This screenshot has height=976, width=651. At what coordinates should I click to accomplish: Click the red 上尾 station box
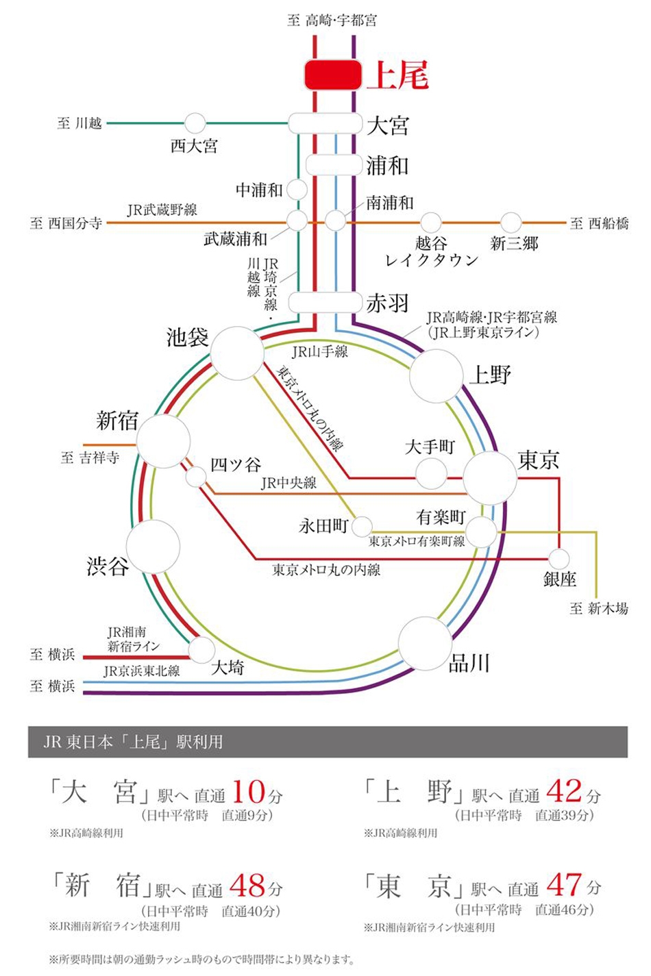pos(333,74)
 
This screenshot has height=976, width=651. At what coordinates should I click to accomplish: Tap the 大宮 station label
pos(388,125)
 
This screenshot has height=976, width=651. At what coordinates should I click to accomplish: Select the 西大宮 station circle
pos(195,124)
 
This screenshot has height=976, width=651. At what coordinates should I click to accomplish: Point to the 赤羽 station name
pos(388,303)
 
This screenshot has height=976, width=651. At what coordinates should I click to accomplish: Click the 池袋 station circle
pos(236,353)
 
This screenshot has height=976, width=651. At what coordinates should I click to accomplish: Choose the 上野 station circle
pos(436,376)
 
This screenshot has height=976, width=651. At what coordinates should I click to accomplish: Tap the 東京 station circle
pos(489,477)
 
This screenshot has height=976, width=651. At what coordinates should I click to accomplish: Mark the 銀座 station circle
pos(560,559)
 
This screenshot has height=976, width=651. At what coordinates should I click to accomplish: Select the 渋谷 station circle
pos(153,547)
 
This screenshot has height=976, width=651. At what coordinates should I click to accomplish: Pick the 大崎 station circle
pos(201,649)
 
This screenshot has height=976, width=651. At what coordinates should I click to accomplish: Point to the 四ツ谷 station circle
pos(197,476)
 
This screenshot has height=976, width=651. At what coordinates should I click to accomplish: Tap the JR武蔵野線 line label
pos(162,210)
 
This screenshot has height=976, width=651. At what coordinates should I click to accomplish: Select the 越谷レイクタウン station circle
pos(430,223)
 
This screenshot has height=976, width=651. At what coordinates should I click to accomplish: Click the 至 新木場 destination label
pos(598,608)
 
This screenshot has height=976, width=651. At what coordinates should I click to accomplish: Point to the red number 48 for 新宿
pos(247,886)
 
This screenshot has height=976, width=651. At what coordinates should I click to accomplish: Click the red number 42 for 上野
pos(565,792)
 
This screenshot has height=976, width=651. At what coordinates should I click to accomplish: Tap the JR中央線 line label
pos(288,483)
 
